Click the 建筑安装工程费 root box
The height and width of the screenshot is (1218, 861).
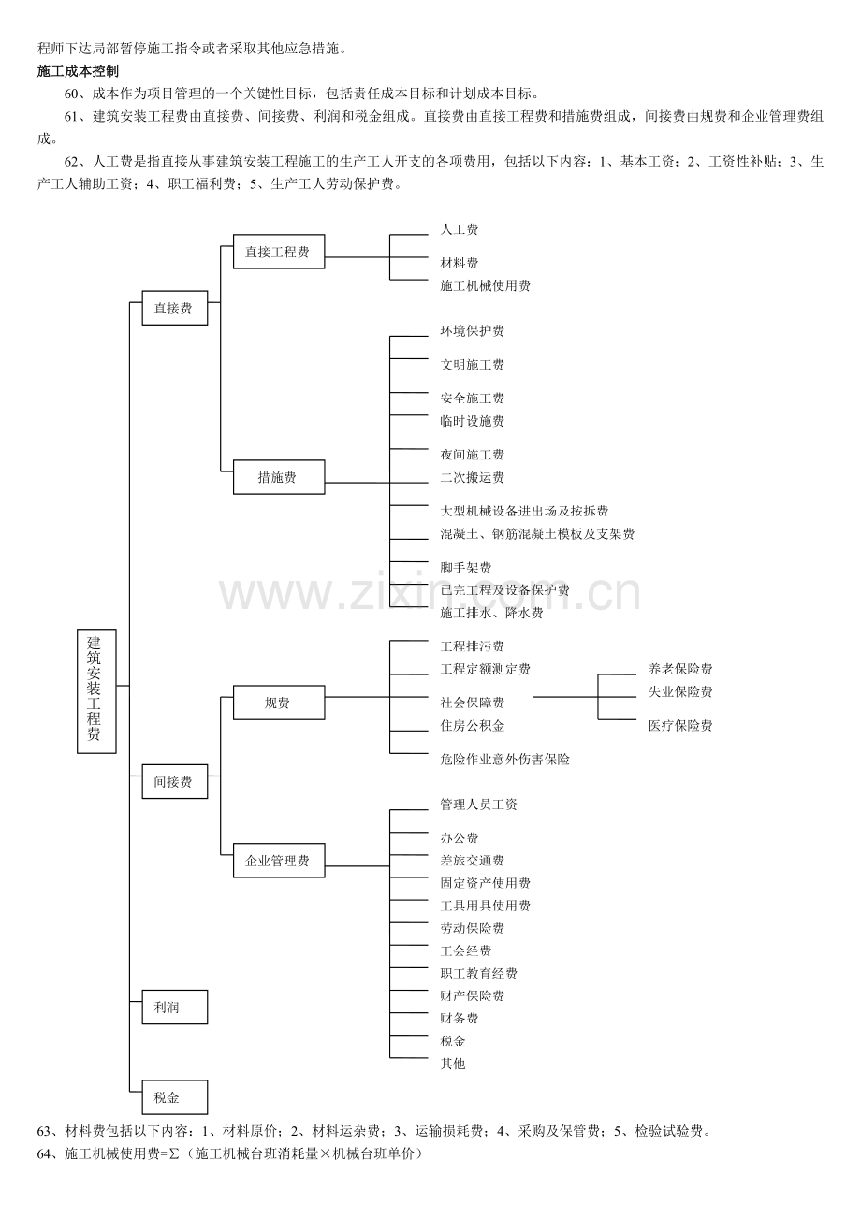[96, 690]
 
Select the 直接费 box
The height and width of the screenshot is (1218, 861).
[175, 308]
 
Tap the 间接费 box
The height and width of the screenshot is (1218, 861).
[175, 781]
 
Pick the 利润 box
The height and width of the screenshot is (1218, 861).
[175, 1007]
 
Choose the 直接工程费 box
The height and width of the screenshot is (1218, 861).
[279, 252]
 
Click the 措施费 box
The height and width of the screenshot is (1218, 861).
[279, 477]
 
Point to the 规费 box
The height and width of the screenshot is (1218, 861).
[279, 703]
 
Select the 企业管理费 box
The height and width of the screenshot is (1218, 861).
[279, 861]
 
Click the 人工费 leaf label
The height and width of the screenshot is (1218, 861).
[460, 229]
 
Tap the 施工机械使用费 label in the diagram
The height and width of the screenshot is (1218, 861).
[485, 285]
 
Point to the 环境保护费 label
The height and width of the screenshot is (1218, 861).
[472, 330]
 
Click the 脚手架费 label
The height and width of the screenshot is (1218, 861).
[465, 567]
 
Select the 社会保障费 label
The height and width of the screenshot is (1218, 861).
[472, 703]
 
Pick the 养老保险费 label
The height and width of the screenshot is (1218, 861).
[680, 668]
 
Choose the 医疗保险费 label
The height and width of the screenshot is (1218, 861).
[680, 725]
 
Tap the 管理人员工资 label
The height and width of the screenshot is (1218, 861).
[478, 805]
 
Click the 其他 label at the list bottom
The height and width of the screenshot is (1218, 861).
[453, 1063]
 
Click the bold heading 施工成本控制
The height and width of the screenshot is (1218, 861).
[78, 71]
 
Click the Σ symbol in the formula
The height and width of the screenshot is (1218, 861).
[174, 1153]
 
